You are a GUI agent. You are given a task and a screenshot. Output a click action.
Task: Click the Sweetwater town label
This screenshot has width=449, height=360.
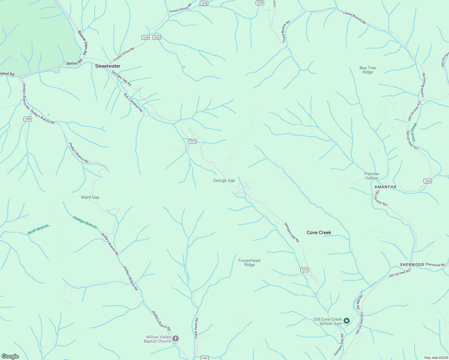pos(108,66)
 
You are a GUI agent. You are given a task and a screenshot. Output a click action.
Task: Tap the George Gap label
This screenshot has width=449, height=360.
pos(224,180)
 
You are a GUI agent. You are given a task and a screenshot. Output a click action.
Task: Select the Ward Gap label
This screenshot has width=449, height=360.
pos(90,197)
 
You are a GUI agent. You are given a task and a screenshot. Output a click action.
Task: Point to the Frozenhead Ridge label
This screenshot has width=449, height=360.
pos(249,262)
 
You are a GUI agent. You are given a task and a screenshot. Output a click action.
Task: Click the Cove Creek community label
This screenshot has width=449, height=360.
pos(319,232)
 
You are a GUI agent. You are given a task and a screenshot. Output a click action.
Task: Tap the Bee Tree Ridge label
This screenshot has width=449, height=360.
pos(368,70)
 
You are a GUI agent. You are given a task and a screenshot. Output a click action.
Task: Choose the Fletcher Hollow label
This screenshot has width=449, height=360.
pos(372,176)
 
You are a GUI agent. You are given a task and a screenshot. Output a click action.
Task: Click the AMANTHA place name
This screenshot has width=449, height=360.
pos(385,187)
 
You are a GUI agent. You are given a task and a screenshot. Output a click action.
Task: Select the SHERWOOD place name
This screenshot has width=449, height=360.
pos(412,265)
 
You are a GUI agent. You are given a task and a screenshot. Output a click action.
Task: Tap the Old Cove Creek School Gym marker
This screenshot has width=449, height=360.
pos(347,321)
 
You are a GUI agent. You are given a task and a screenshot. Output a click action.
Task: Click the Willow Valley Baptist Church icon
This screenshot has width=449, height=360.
pos(176,339)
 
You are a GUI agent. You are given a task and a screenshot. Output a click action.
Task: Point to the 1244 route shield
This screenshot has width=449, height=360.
pos(28,119)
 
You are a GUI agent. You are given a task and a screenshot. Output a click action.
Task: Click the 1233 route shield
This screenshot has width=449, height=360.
pos(428,181)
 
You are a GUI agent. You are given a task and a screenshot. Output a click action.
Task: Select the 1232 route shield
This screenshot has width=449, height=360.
pos(157,37)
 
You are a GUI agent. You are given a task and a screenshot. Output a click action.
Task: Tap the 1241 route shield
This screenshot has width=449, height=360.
pos(204,358)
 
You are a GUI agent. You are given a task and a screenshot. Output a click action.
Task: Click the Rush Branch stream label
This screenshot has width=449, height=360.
pos(38,229)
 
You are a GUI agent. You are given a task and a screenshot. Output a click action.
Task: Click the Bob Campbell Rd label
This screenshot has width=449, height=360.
pos(133,103)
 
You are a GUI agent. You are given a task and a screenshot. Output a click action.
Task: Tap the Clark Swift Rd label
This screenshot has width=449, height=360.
pos(196,328)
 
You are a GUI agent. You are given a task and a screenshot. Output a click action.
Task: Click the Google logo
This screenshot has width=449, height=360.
pos(10,356)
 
